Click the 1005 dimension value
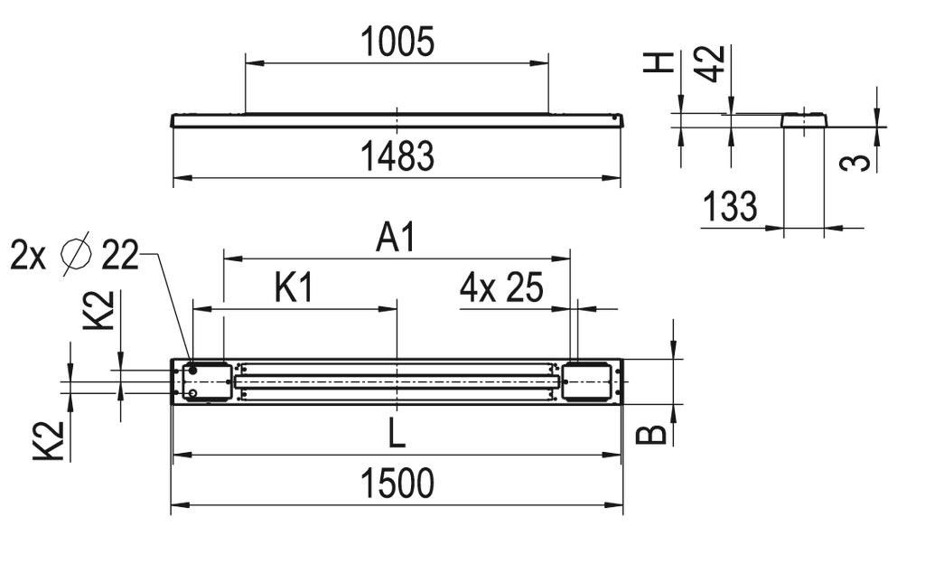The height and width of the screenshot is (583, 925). pyautogui.click(x=397, y=42)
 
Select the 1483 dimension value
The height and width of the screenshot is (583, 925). pyautogui.click(x=397, y=156)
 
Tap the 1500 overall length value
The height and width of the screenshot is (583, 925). pyautogui.click(x=397, y=484)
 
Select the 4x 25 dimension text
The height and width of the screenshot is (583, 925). pyautogui.click(x=501, y=288)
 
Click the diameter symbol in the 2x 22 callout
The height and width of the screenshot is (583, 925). pyautogui.click(x=77, y=255)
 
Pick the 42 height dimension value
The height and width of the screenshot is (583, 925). pyautogui.click(x=714, y=63)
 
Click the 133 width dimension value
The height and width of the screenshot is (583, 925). pyautogui.click(x=729, y=207)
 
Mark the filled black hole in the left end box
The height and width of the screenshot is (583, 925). pyautogui.click(x=193, y=371)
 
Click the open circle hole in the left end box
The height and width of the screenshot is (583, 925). pyautogui.click(x=193, y=393)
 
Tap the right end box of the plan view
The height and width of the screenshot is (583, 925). pyautogui.click(x=588, y=381)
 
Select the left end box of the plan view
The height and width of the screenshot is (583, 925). pyautogui.click(x=207, y=381)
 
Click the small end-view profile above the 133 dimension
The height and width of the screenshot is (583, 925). pyautogui.click(x=803, y=119)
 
